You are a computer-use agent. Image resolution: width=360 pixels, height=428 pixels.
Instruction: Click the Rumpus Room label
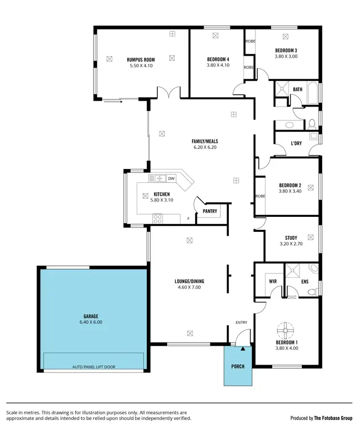coord(141,60)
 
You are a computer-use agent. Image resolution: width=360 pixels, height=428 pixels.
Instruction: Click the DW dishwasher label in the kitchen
coord(171,178)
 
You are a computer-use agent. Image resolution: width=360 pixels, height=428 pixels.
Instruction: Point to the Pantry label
coord(210,211)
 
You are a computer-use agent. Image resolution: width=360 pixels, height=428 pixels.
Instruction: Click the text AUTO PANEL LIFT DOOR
coord(94,367)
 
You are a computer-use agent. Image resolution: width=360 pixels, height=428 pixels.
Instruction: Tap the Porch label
coord(238,367)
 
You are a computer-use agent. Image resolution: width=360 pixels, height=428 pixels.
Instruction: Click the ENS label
coord(305,282)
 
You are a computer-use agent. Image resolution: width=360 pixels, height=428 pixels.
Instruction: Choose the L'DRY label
coord(296,143)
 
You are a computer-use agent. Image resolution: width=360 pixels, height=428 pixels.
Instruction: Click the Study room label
coord(291,238)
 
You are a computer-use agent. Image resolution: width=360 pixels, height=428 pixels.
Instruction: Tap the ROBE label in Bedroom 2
coord(260,196)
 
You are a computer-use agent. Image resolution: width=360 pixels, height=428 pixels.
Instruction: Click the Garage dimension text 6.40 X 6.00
coord(91,322)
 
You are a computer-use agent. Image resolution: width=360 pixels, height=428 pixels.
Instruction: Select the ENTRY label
coord(241,322)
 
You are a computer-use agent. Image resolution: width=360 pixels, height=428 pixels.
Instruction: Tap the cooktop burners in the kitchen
coord(157,218)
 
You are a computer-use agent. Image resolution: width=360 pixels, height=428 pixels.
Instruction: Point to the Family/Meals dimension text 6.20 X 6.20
coord(205,147)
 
